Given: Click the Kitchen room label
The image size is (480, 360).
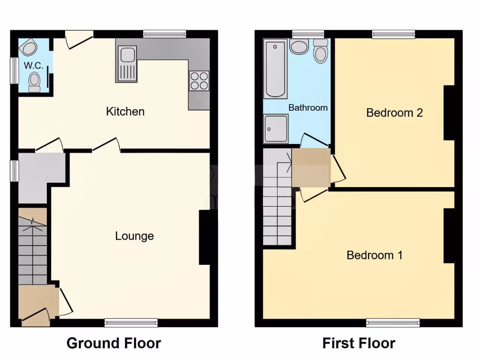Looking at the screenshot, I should [x=125, y=112].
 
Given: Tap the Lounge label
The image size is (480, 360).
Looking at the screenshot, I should [x=135, y=236].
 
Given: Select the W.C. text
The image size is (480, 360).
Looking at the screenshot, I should [x=34, y=66].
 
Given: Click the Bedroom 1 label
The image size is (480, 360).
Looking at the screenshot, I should [x=375, y=255].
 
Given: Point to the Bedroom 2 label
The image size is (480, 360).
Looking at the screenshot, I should [x=395, y=112].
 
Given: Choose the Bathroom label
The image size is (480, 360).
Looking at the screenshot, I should [x=308, y=107].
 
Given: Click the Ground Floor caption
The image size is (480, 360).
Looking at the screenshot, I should [x=114, y=343].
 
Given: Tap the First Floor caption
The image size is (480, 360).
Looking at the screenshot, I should [x=359, y=343].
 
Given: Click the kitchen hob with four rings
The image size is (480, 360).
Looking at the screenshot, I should [x=199, y=81].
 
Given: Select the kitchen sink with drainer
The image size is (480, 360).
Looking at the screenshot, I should [x=126, y=64].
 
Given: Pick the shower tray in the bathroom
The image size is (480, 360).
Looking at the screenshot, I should [x=276, y=128].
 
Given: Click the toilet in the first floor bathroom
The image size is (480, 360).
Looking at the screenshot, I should [x=321, y=51].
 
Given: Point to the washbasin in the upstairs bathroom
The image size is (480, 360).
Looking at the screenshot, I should [x=299, y=46].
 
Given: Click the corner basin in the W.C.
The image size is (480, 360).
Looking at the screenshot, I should [x=29, y=48].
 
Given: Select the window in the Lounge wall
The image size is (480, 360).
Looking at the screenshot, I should [x=131, y=322].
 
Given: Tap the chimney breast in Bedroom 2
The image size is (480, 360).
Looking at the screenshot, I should [x=449, y=112].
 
